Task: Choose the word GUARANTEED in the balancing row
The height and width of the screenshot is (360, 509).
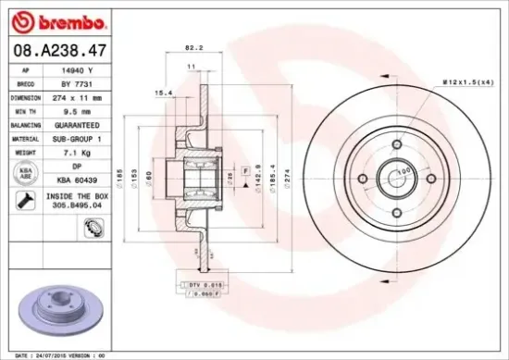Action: click(74, 123)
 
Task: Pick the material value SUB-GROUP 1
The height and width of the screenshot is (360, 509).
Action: click(74, 136)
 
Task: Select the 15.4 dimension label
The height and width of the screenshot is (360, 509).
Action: click(162, 93)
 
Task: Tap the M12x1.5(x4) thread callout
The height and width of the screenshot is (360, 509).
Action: click(467, 81)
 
